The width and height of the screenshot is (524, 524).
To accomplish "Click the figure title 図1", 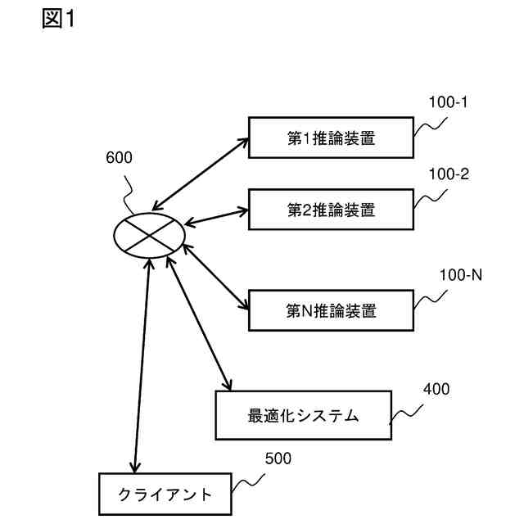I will pyautogui.click(x=58, y=20).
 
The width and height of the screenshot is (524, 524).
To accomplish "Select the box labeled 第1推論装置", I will pyautogui.click(x=331, y=138).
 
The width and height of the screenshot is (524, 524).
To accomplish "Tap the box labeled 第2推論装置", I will pyautogui.click(x=331, y=210).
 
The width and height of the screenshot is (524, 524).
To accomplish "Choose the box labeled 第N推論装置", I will pyautogui.click(x=331, y=310).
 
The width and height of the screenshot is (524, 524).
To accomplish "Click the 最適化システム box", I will pyautogui.click(x=301, y=415).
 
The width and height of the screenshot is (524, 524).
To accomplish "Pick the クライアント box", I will pyautogui.click(x=165, y=495).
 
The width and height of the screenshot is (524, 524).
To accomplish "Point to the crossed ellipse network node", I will pyautogui.click(x=148, y=235).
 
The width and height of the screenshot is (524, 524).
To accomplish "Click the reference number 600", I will pyautogui.click(x=119, y=158).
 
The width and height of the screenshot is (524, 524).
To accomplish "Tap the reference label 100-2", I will pyautogui.click(x=448, y=174).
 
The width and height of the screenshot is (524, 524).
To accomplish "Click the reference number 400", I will pyautogui.click(x=436, y=389).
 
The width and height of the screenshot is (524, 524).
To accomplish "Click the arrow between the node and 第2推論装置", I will pyautogui.click(x=217, y=215).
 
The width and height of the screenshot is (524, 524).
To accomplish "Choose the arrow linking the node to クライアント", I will pyautogui.click(x=141, y=364).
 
